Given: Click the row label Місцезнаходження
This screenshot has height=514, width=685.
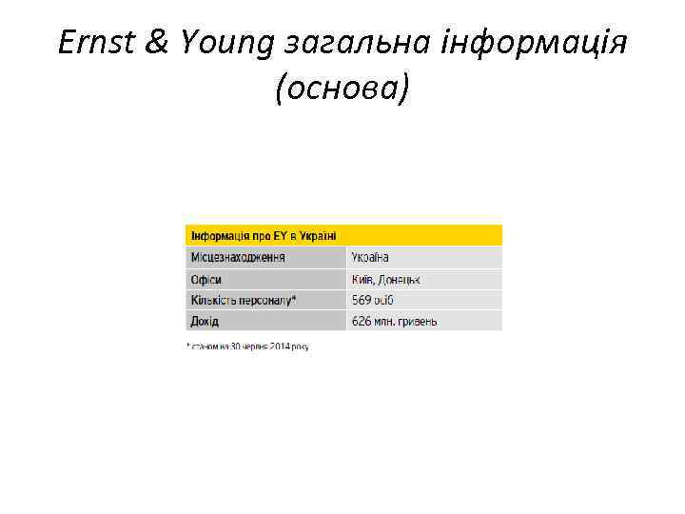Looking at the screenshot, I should click(238, 257).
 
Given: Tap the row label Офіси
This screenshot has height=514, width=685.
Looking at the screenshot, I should click(206, 279).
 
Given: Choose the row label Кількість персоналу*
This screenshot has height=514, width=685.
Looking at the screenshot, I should click(244, 300).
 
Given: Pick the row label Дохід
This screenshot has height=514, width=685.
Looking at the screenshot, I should click(205, 321).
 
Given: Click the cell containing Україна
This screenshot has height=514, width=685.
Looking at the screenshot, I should click(370, 257).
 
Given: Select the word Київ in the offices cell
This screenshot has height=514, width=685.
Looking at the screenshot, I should click(362, 279).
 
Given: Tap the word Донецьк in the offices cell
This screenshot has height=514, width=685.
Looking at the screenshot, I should click(401, 279).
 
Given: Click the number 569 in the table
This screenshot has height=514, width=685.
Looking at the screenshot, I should click(362, 300).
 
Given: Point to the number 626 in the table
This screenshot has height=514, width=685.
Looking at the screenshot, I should click(362, 321).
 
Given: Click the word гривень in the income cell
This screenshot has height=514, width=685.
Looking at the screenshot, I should click(417, 321).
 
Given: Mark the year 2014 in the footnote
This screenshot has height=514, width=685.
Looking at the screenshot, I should click(280, 346).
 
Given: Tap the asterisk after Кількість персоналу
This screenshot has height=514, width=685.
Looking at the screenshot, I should click(294, 298).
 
